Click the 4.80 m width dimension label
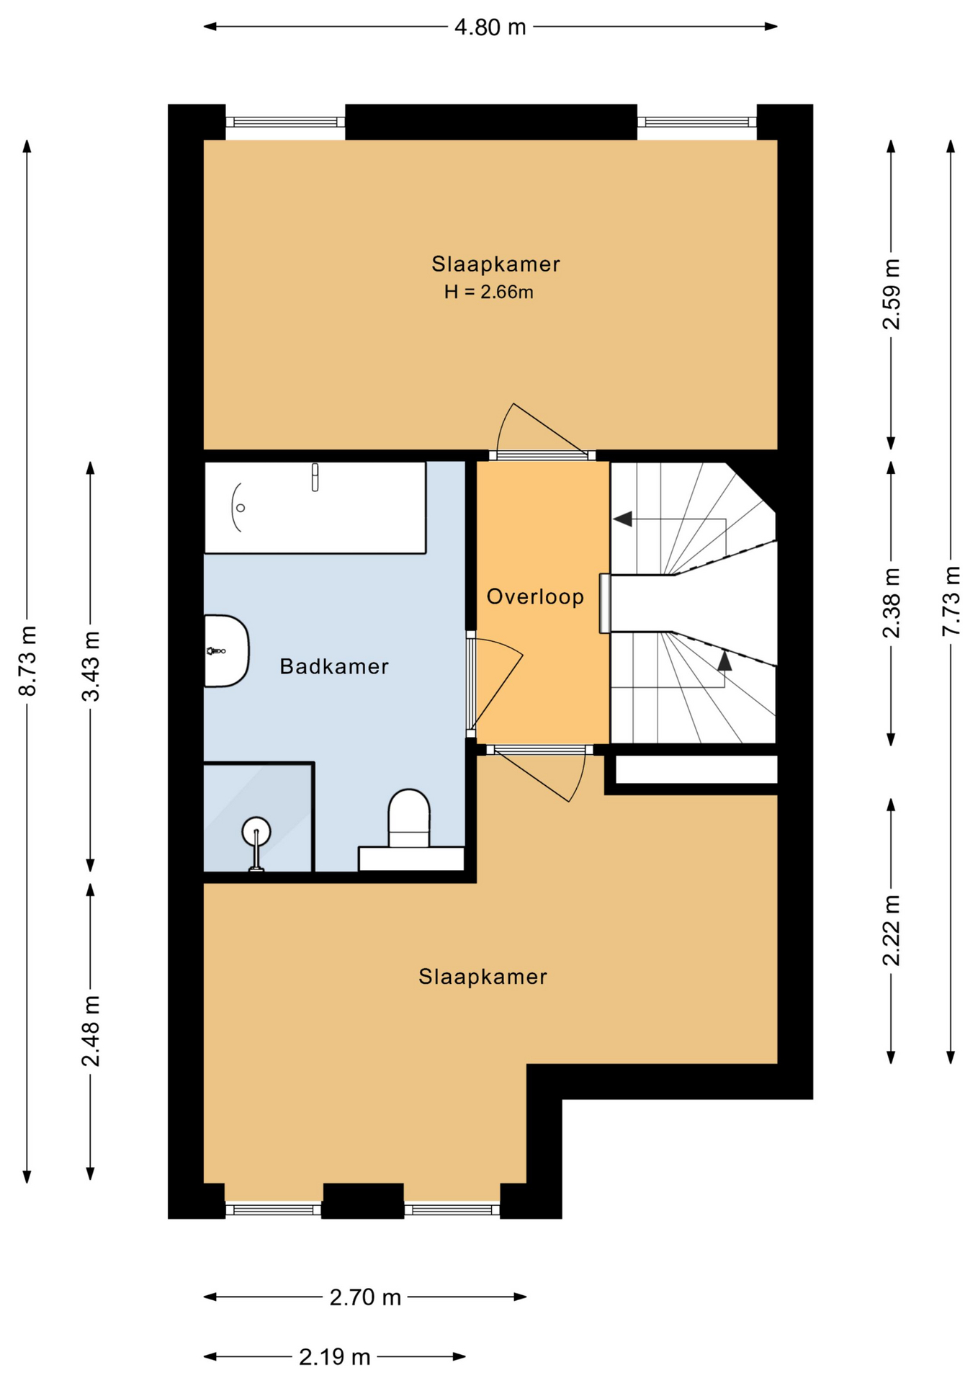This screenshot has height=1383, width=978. click(x=490, y=27)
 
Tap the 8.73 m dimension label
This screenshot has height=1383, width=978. click(x=27, y=661)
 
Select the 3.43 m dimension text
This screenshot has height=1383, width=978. click(x=91, y=666)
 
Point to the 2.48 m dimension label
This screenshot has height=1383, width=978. click(x=91, y=1031)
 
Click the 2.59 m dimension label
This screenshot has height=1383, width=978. click(x=892, y=294)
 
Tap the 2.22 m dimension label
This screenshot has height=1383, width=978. click(x=892, y=930)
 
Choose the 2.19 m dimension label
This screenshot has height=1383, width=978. click(x=335, y=1357)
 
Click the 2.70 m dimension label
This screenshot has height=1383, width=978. click(x=365, y=1297)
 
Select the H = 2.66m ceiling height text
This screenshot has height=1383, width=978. click(x=489, y=292)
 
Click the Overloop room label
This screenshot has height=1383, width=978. click(x=535, y=596)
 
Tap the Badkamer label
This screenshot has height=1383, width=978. click(x=334, y=666)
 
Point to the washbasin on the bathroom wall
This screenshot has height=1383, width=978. click(x=226, y=651)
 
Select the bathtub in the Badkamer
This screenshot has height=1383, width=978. click(x=315, y=507)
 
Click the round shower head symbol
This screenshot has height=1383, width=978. click(x=256, y=832)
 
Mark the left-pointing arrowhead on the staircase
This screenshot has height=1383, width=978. click(x=623, y=519)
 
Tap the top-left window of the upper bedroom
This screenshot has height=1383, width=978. click(x=285, y=122)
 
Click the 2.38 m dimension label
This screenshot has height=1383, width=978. click(x=892, y=603)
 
